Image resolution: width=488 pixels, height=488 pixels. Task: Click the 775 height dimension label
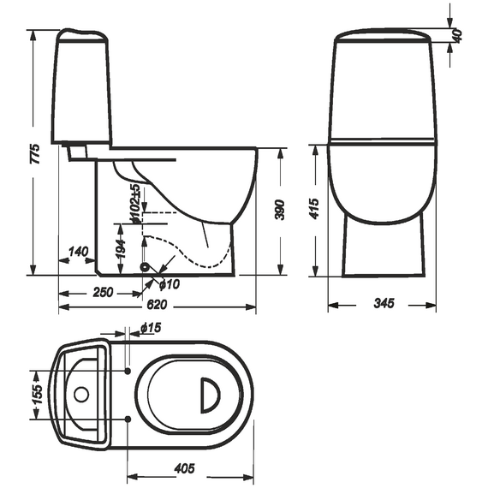tap(35, 154)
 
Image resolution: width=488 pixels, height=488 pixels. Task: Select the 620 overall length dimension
tap(157, 305)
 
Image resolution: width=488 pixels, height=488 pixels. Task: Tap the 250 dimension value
tap(103, 292)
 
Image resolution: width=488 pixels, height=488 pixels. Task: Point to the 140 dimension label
tap(78, 252)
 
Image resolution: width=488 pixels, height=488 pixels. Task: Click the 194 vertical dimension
tap(121, 248)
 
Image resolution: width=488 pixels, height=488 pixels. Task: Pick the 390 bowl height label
tap(280, 210)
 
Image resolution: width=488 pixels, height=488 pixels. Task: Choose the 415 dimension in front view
tap(315, 208)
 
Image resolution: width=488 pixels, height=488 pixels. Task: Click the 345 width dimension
tap(384, 303)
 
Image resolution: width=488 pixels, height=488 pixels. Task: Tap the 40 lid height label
tap(457, 35)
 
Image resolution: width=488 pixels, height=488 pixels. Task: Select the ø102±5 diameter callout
tap(135, 204)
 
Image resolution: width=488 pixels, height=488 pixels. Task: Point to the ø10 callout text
tap(170, 284)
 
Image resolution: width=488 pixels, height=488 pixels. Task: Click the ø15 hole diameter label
tap(151, 327)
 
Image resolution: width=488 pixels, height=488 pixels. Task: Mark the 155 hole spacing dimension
tap(37, 395)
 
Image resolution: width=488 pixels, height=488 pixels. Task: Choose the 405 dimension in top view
tap(185, 468)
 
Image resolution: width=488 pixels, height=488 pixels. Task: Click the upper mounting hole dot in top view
tap(128, 371)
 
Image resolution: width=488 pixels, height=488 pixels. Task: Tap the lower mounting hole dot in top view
tap(128, 420)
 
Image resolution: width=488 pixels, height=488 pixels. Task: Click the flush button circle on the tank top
tap(81, 395)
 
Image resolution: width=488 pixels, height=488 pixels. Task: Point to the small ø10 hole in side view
tap(145, 267)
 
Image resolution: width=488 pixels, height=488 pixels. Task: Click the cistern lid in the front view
tap(383, 35)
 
